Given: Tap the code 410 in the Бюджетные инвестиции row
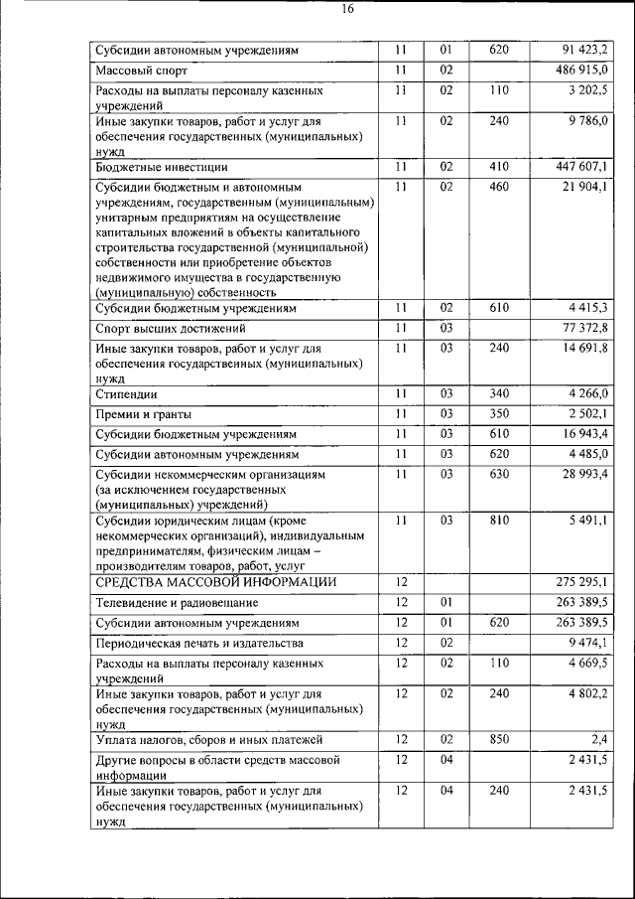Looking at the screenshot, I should click(499, 166).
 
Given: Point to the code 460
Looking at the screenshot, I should click(499, 186).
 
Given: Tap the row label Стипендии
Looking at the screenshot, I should click(129, 395).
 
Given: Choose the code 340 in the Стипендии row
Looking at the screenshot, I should click(499, 394).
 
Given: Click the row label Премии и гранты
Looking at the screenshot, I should click(143, 414).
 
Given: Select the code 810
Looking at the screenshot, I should click(499, 520).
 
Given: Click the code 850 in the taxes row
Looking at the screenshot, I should click(499, 740).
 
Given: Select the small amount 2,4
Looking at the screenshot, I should click(600, 740).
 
